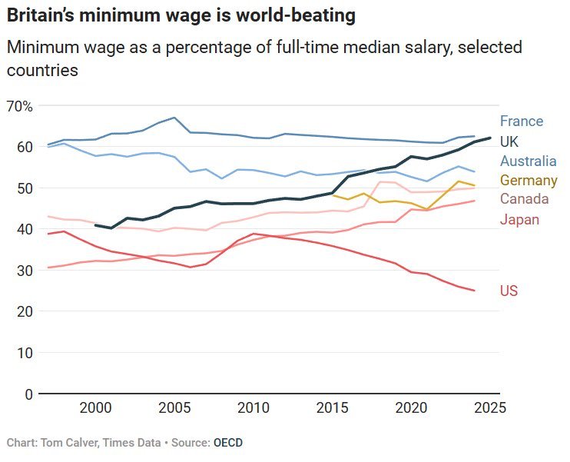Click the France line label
[x=521, y=121]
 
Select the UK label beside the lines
[x=509, y=141]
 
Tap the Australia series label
[x=528, y=161]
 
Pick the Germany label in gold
[x=528, y=181]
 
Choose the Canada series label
[x=523, y=200]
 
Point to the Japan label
[x=519, y=221]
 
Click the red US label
[x=509, y=291]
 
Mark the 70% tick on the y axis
[x=19, y=106]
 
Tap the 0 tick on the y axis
[x=28, y=394]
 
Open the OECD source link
[x=227, y=444]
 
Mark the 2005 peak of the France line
[x=174, y=118]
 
